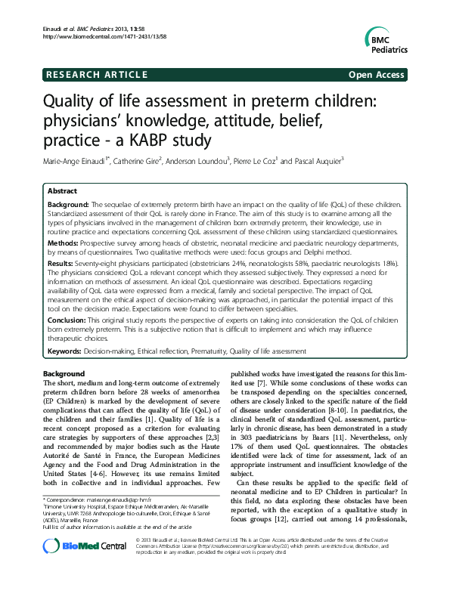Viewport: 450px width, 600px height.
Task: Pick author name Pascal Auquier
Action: (317, 161)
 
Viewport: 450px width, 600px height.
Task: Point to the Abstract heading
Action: (63, 192)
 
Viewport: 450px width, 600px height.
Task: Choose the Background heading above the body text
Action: (64, 373)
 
